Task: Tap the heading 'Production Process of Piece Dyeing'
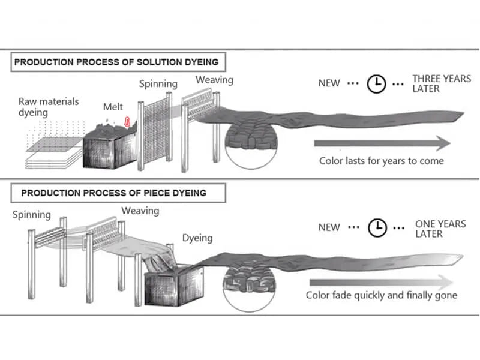coord(114,193)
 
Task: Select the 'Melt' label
coord(113,107)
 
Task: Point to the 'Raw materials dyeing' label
coord(48,106)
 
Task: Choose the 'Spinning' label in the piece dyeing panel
coord(32,215)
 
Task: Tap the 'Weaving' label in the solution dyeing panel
coord(214,80)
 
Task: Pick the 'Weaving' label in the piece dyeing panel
coord(140,211)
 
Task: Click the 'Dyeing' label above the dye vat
coord(197,238)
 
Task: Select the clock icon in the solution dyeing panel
coord(376,84)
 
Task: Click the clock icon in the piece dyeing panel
coord(377,227)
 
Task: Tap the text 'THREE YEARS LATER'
coord(442,84)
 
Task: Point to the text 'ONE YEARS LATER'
coord(440,229)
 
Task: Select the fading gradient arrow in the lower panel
coord(381,281)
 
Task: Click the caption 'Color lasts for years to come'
coord(382,161)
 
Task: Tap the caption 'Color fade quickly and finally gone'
coord(382,295)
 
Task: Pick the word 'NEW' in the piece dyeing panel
coord(329,227)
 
